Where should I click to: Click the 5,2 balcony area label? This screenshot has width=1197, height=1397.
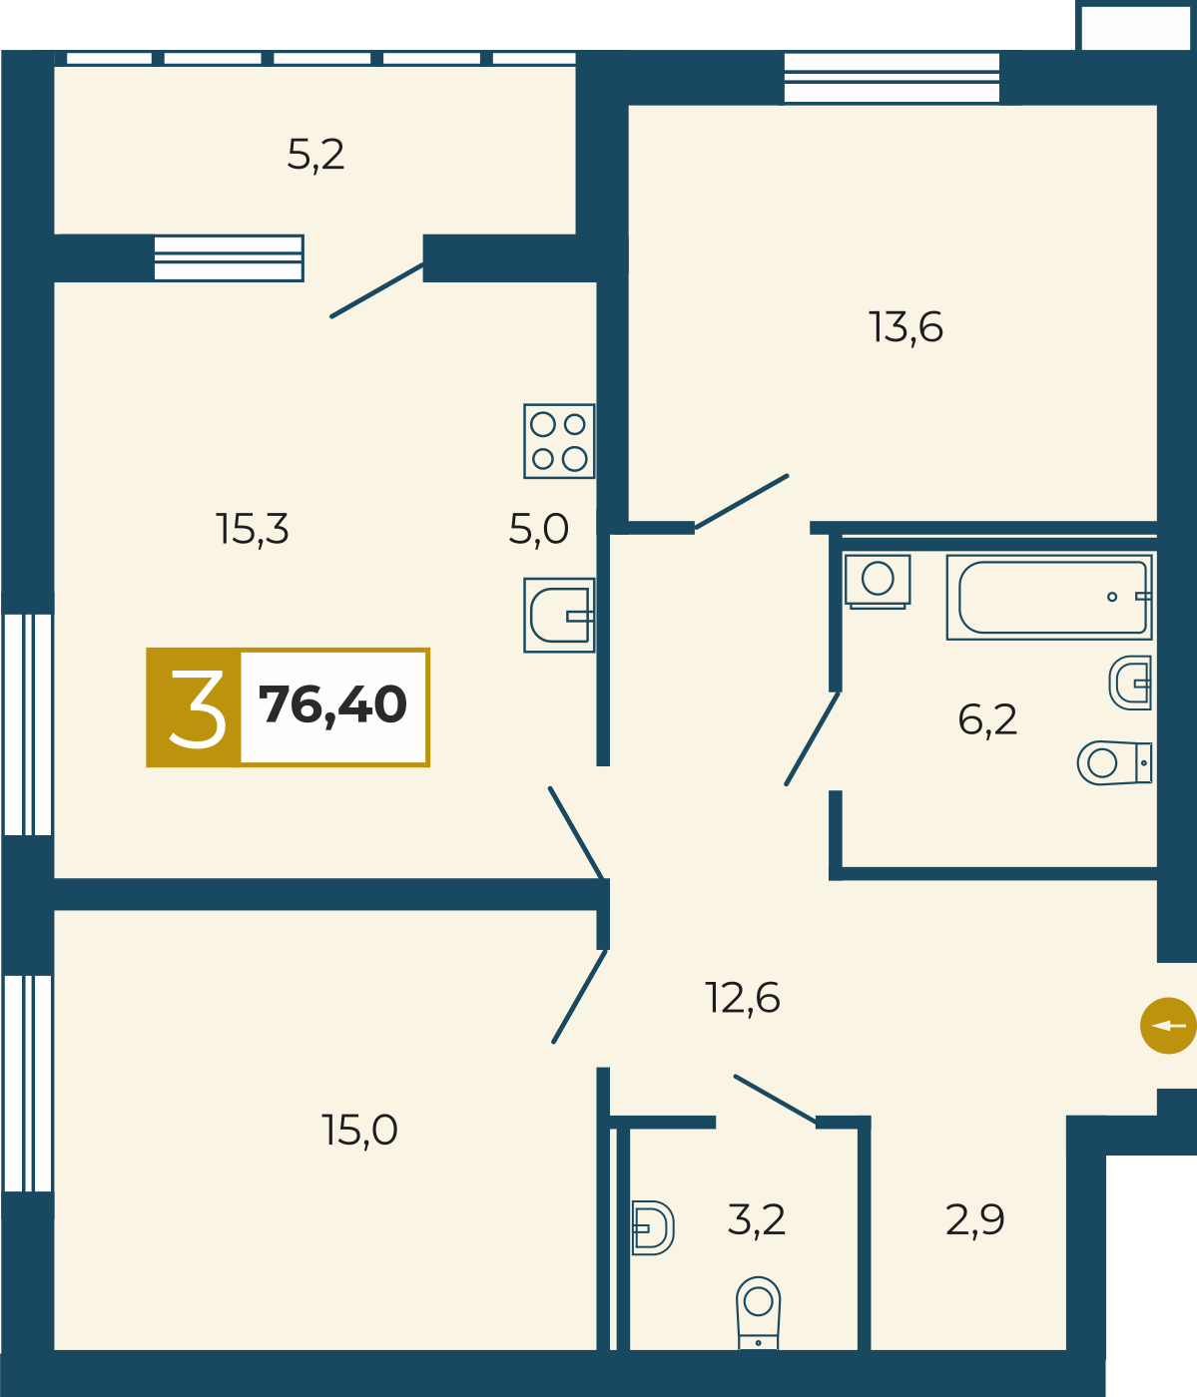[315, 156]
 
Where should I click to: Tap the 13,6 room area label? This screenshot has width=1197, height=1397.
[905, 327]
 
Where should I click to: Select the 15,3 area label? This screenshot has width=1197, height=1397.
[253, 529]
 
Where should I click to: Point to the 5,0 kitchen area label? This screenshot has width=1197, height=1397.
[538, 529]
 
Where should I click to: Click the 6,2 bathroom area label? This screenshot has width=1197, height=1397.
[987, 719]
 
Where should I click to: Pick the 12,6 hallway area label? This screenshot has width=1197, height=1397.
[743, 999]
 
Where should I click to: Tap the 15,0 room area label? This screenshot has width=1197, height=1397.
[359, 1130]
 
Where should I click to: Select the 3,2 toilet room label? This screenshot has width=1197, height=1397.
[757, 1220]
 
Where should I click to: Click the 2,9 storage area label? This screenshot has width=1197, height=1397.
[974, 1220]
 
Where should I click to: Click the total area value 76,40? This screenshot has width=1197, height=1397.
[332, 705]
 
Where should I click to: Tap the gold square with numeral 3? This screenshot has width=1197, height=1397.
[194, 707]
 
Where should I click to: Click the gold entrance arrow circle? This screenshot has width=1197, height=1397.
[1168, 1025]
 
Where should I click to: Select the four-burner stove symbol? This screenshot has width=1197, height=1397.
[559, 441]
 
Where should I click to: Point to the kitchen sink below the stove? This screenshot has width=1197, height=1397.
[559, 615]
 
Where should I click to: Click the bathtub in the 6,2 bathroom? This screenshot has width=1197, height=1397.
[1049, 598]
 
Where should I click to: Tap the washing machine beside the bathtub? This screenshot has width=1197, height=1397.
[878, 581]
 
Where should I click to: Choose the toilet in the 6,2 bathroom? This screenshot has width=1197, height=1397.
[1114, 763]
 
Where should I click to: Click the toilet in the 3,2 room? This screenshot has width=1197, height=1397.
[758, 1313]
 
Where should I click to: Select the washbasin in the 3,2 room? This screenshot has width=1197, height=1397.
[653, 1228]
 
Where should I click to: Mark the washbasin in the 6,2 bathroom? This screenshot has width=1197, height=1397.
[1130, 683]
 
